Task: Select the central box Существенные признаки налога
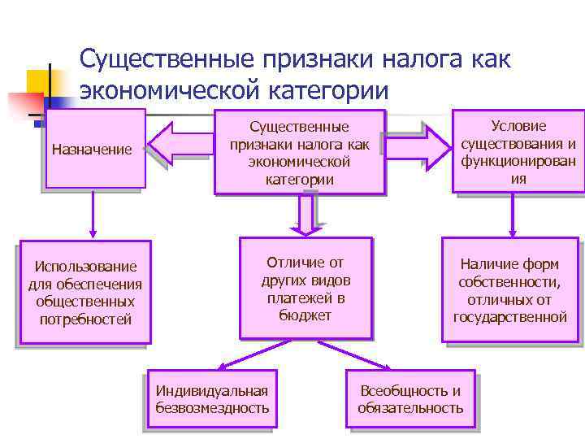(x=299, y=152)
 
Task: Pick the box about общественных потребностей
(x=84, y=293)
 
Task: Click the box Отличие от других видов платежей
(x=305, y=288)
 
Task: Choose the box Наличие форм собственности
(x=509, y=289)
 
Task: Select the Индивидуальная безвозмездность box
(x=212, y=399)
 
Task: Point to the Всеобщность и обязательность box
(x=410, y=399)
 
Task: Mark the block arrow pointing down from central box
(x=306, y=213)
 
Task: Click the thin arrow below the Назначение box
(x=91, y=213)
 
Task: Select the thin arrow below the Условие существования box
(x=513, y=215)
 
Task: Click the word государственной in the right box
(x=509, y=316)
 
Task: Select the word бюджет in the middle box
(x=305, y=315)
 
